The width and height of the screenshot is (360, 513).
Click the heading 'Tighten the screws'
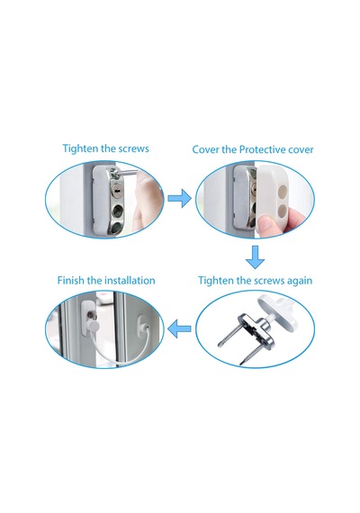(x=105, y=148)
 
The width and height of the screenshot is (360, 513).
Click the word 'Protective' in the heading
(x=263, y=149)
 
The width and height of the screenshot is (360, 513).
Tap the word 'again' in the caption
(x=300, y=281)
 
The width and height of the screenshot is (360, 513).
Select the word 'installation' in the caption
(x=130, y=281)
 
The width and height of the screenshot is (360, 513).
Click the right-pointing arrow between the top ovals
(x=179, y=198)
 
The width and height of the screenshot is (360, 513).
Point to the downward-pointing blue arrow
(x=255, y=257)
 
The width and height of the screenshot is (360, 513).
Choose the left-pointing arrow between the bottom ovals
(x=179, y=328)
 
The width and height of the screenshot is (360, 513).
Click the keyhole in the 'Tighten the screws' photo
(x=116, y=189)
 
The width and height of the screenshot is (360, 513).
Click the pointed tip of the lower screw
(x=240, y=364)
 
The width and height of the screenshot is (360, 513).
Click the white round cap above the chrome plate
(x=280, y=310)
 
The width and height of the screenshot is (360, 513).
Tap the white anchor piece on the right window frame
(x=141, y=325)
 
